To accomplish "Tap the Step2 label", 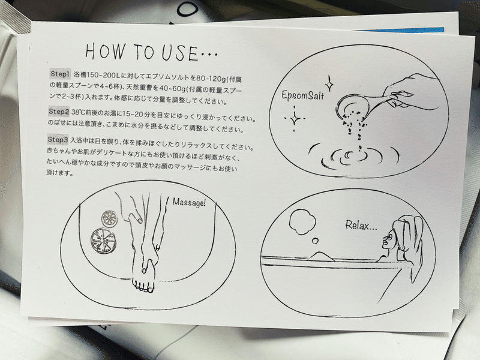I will (x=60, y=112).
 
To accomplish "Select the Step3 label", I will (x=60, y=139).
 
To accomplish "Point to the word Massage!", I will (x=189, y=202).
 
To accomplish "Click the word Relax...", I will (x=361, y=226).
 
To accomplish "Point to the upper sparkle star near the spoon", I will (x=329, y=81).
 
